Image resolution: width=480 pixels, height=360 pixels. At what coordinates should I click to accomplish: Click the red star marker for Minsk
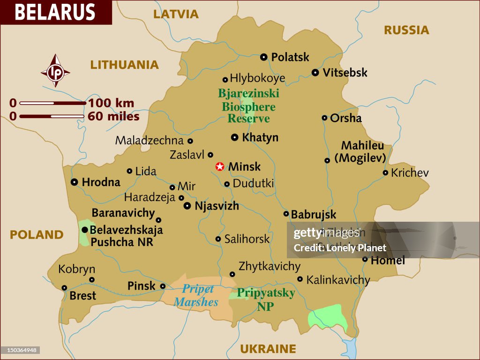pos(219,166)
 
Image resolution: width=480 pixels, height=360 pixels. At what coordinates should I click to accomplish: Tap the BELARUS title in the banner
pos(55,12)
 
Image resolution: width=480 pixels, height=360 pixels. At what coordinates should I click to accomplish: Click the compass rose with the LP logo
pos(55,71)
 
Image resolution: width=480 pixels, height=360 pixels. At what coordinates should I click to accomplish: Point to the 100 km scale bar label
pos(111,103)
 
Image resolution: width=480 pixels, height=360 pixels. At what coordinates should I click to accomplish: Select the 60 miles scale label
pos(113,116)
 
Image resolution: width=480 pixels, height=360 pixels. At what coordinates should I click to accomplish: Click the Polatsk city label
pos(290,57)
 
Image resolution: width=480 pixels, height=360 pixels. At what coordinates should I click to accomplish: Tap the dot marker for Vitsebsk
pos(315,73)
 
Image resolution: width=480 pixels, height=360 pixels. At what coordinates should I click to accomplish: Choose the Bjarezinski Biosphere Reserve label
pos(248,106)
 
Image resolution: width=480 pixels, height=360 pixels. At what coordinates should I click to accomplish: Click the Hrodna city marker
pos(74,182)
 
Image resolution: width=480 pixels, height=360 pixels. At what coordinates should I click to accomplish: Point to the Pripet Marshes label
pos(196,295)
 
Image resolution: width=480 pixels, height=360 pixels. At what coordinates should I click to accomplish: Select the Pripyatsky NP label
pos(266,300)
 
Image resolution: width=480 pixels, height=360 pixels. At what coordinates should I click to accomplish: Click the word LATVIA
pos(176,15)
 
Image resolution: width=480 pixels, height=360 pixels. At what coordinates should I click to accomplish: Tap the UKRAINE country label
pos(268,349)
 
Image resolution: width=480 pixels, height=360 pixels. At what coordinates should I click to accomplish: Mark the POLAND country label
pos(37,235)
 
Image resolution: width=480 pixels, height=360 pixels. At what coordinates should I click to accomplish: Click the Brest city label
pos(82,296)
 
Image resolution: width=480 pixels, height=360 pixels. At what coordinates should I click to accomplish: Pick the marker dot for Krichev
pos(385,172)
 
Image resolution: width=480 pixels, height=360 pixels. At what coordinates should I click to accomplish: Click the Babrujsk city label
pos(314,215)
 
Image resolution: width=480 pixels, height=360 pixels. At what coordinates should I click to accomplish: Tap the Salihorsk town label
pos(247,239)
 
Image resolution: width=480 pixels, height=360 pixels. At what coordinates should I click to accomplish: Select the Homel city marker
pos(365,259)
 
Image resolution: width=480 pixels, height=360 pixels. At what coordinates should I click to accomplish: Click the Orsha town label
pos(346,118)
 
